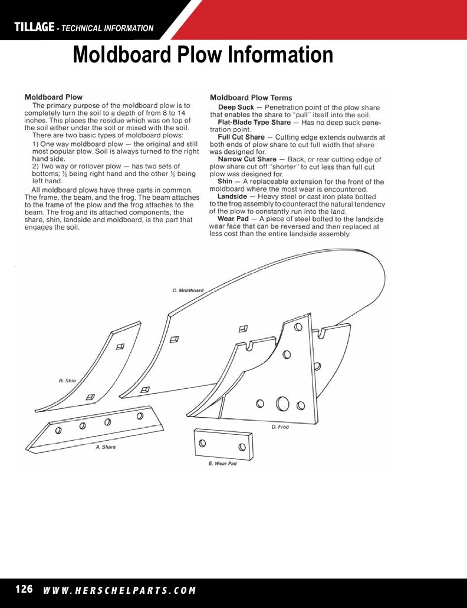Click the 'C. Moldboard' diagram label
click(188, 290)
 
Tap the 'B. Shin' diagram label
click(67, 381)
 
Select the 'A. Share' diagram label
click(106, 447)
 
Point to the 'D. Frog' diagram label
click(280, 427)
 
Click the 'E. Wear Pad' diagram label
click(222, 464)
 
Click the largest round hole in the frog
click(282, 404)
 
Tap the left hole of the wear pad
click(202, 442)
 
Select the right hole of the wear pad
click(242, 447)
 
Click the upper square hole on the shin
click(120, 346)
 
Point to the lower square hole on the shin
click(90, 398)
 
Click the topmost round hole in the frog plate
click(298, 327)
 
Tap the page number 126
click(24, 589)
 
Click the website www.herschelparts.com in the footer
click(120, 590)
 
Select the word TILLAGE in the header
click(34, 27)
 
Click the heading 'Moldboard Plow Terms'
click(251, 98)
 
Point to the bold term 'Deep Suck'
click(236, 107)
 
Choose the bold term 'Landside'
click(232, 197)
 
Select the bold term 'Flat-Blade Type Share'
click(254, 123)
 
